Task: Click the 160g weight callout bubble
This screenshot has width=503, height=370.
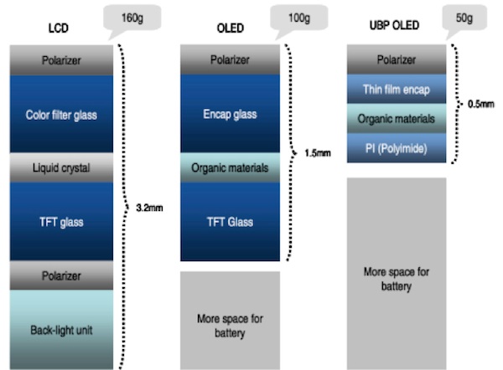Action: point(132,18)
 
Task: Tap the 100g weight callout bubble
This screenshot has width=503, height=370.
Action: point(299,18)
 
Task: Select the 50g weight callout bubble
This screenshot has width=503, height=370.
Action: point(464,18)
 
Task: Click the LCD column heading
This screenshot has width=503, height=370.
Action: point(59,28)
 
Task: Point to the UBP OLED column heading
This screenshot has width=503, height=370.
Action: point(394,25)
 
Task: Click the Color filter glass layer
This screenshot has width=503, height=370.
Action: point(61,114)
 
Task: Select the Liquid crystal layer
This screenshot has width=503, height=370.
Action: point(61,168)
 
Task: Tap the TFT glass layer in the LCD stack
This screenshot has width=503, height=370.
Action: point(61,222)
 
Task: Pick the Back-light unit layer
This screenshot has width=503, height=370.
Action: point(61,330)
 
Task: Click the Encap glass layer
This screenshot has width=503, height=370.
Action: point(230,113)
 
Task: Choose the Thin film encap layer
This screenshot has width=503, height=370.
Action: point(397,89)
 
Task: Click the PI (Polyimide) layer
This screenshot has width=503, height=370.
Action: point(397,148)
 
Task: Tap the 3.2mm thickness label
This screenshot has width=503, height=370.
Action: point(149,208)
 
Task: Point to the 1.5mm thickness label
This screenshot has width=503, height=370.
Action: point(318,153)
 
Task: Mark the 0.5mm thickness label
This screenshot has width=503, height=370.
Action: point(481,104)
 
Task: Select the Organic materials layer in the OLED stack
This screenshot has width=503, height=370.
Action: point(230,167)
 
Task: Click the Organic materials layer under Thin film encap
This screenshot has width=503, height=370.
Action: point(397,119)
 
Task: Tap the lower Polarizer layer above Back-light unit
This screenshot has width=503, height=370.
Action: point(61,275)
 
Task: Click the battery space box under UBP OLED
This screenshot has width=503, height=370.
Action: point(397,274)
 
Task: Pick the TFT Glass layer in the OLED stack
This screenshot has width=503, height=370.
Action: point(230,222)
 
